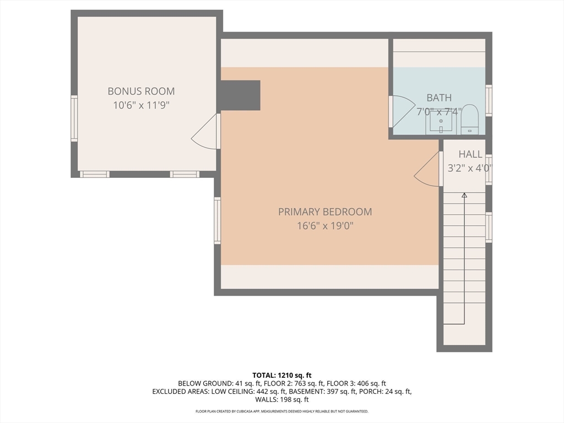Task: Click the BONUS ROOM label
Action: [141, 91]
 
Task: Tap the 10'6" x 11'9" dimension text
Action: [141, 105]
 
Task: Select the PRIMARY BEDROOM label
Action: [324, 211]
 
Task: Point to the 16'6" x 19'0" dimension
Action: [324, 225]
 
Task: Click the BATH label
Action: [439, 98]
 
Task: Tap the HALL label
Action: [470, 155]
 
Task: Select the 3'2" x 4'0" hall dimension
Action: [468, 169]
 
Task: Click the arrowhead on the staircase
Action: [464, 195]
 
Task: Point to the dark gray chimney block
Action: [240, 95]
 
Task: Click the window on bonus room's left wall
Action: [74, 118]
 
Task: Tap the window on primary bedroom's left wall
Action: [217, 220]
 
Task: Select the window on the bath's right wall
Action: [489, 100]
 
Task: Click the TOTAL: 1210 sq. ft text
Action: [282, 375]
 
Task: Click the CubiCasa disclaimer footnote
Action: [282, 411]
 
